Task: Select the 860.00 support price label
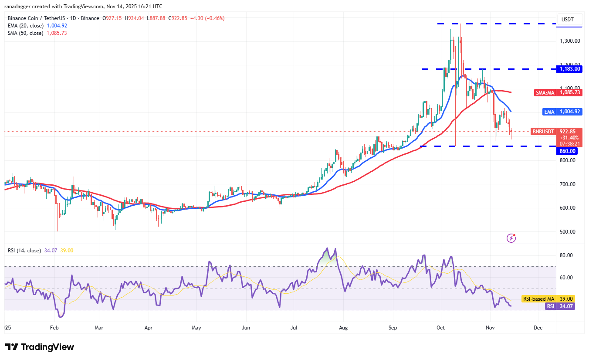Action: (568, 151)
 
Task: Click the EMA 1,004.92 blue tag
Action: (562, 112)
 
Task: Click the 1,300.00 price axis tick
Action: (570, 41)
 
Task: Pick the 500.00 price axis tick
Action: (570, 232)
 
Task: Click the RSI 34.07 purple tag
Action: (560, 306)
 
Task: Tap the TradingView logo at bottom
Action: (40, 347)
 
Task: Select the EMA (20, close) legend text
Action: (26, 26)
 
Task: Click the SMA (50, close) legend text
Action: (26, 33)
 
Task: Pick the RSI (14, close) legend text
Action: (24, 251)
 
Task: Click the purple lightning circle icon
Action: (511, 238)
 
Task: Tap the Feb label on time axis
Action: (54, 327)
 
